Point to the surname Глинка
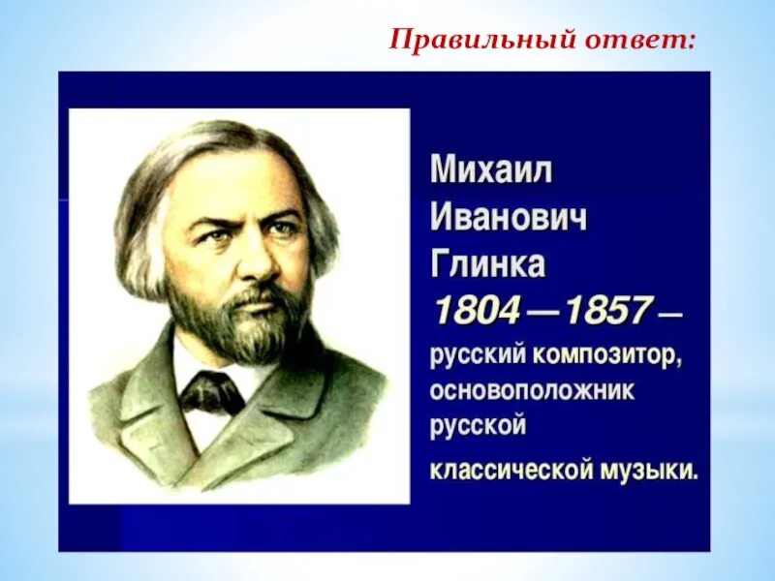tap(488, 263)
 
